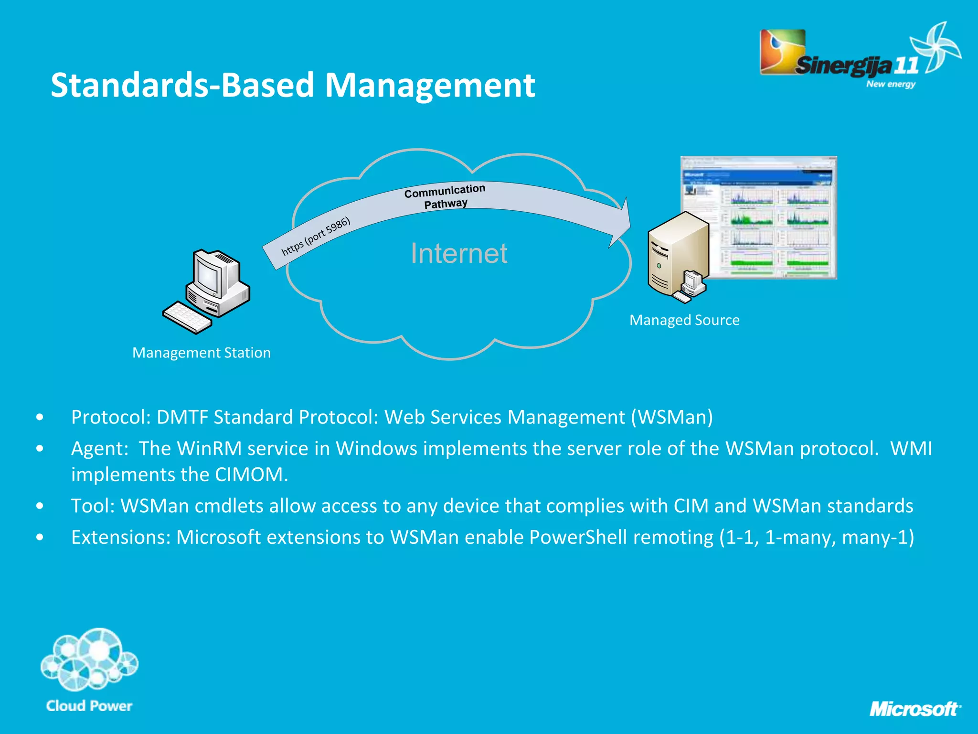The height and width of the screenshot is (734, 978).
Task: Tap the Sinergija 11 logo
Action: pos(855,60)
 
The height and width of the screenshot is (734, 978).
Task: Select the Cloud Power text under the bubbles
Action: pos(89,706)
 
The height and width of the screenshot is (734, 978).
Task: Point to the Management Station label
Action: pos(202,353)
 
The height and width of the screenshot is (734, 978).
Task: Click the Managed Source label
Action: pos(684,320)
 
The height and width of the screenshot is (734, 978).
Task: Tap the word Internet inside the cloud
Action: pos(459,253)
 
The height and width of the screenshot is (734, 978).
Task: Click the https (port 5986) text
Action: pos(316,237)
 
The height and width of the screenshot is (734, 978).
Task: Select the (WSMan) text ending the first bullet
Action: pos(672,417)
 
